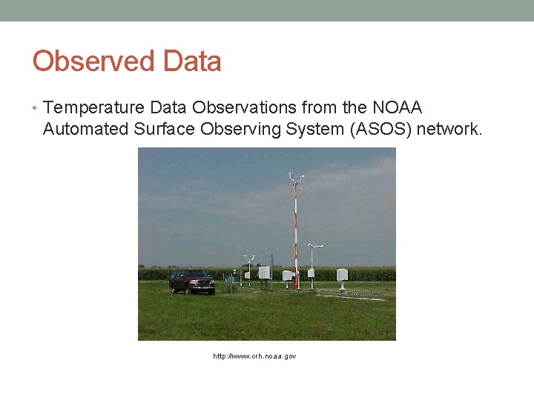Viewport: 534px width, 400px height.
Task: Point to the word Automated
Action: click(x=86, y=130)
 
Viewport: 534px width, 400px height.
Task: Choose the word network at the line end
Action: click(x=449, y=130)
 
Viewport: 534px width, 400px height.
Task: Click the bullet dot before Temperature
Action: click(x=35, y=109)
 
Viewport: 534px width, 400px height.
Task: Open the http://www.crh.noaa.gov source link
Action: click(x=254, y=357)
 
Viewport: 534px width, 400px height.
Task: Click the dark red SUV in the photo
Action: click(x=191, y=281)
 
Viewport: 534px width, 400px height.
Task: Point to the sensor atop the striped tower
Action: click(x=295, y=177)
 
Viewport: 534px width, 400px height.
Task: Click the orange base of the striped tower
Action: click(x=296, y=281)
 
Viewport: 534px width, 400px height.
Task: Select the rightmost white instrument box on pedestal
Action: click(x=341, y=276)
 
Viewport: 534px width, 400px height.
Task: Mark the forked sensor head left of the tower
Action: click(x=248, y=259)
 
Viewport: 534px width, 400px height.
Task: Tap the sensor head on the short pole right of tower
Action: click(x=314, y=246)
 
